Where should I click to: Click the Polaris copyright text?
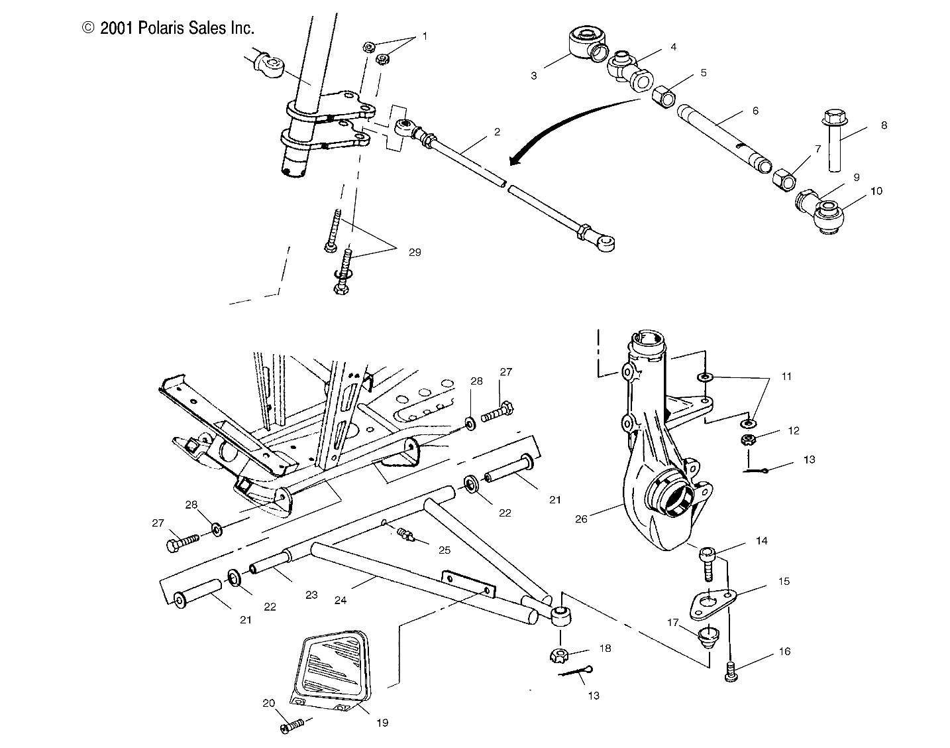(x=168, y=28)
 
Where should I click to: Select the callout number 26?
(x=581, y=519)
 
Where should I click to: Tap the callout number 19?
(x=382, y=722)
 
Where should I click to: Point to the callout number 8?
(x=883, y=125)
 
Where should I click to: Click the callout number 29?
(x=415, y=252)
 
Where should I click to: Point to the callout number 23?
(x=312, y=595)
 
